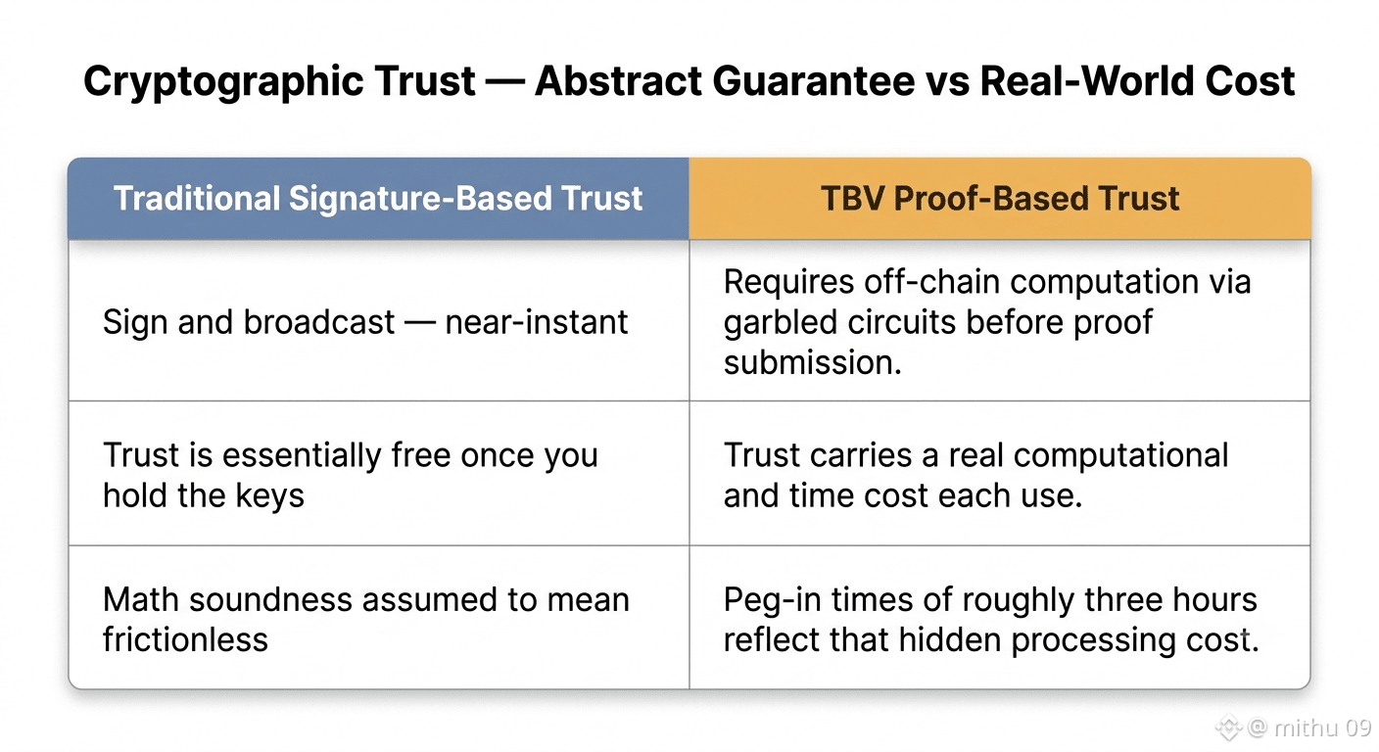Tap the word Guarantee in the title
pos(813,81)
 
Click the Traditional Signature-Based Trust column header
pos(378,198)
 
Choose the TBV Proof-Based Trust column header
pos(1000,198)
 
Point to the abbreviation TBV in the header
pos(853,198)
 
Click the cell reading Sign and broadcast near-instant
pos(379,320)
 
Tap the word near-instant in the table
pos(536,322)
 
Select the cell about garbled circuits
pos(1000,320)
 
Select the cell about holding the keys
pos(379,473)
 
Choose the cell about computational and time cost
pos(1000,473)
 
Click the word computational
pos(1120,456)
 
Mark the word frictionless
pos(185,639)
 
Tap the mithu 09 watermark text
pos(1322,728)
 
